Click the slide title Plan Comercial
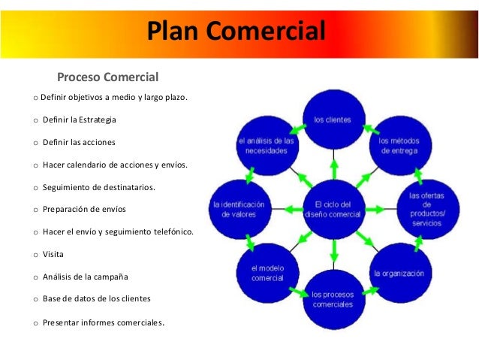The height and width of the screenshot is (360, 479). coord(236,32)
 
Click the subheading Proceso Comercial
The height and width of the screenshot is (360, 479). coord(108,77)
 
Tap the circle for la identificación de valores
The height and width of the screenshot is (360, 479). coord(239,208)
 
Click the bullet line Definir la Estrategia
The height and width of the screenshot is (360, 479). coord(80,120)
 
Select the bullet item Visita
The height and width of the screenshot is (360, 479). coord(53,254)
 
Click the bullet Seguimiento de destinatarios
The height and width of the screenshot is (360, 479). coord(99,186)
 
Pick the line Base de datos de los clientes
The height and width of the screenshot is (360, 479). coord(97,298)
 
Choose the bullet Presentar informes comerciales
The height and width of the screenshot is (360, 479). coord(104,323)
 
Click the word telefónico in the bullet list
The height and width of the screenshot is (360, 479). coord(170,231)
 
